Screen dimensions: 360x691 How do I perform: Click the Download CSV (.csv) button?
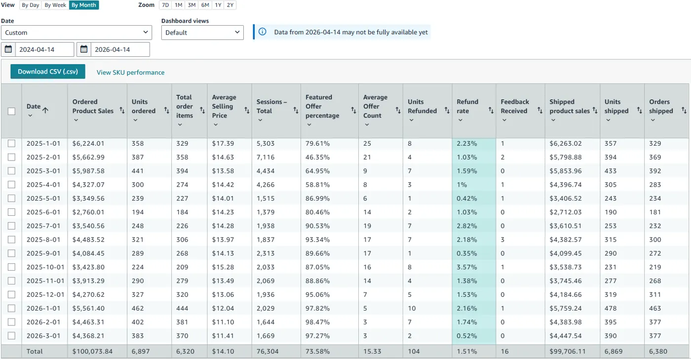click(x=48, y=72)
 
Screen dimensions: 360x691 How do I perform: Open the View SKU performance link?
click(x=130, y=72)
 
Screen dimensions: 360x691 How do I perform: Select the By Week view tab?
click(x=55, y=5)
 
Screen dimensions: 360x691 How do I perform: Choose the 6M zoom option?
click(x=205, y=5)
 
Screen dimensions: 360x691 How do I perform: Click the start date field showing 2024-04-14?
click(x=44, y=49)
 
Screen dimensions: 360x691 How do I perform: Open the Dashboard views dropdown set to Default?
click(x=202, y=33)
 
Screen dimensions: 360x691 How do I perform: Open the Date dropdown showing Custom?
click(x=77, y=33)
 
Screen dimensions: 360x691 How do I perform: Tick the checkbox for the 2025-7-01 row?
click(x=11, y=226)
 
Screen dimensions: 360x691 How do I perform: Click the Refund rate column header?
click(x=467, y=106)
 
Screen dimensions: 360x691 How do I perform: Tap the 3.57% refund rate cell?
click(x=466, y=267)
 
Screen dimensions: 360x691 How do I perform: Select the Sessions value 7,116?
click(x=266, y=157)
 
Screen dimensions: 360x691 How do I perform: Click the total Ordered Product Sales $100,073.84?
click(x=92, y=352)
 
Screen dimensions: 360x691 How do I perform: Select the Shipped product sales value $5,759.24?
click(x=566, y=308)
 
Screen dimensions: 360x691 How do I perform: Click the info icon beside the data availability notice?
click(x=263, y=32)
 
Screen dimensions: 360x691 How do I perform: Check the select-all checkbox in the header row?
click(x=11, y=111)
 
